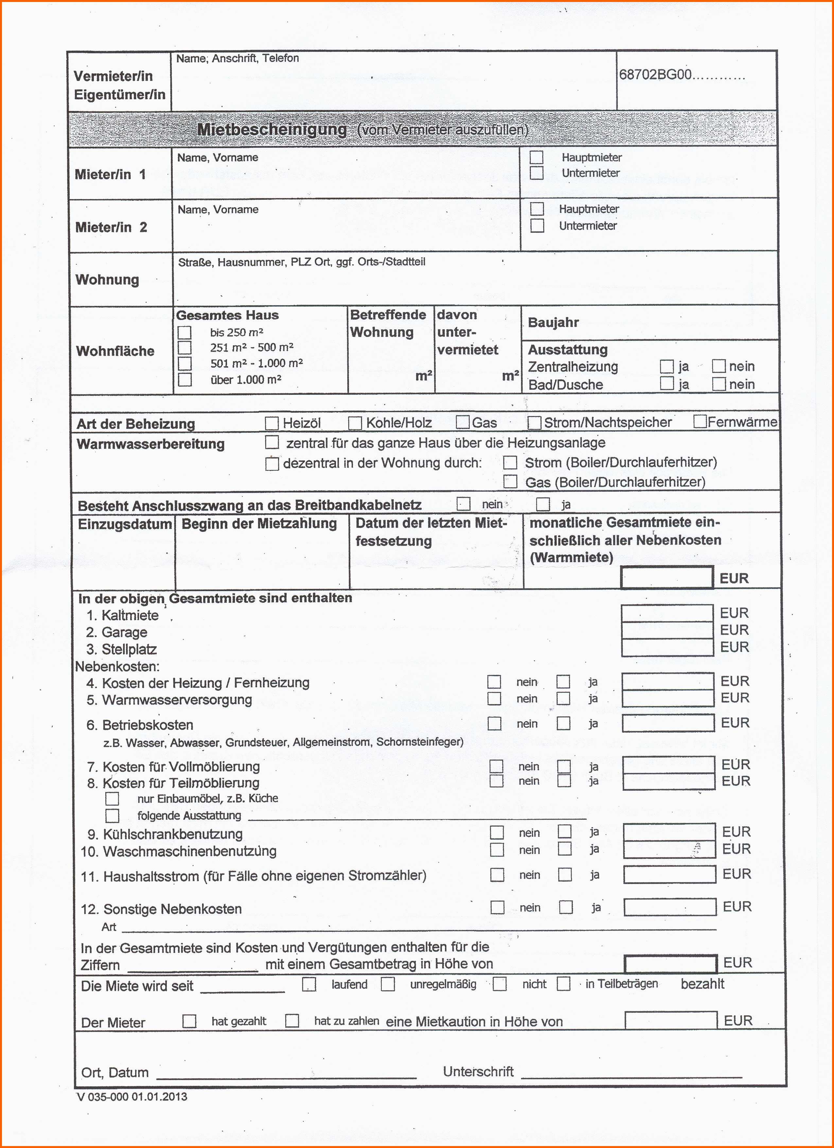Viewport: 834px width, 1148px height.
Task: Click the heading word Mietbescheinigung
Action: pos(272,130)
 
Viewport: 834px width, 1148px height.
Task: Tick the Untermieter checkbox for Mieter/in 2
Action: pos(537,225)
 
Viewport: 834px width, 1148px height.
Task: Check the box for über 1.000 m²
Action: pos(185,380)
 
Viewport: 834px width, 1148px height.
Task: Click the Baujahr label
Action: pos(553,322)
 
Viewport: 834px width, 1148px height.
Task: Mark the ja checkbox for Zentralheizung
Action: pos(667,366)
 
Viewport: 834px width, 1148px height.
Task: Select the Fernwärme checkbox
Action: pos(701,422)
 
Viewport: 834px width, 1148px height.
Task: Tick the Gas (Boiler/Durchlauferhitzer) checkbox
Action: pos(510,481)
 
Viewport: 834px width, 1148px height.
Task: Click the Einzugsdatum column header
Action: pos(125,524)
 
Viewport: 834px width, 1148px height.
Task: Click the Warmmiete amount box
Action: pos(667,578)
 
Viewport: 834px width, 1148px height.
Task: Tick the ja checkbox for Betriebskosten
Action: pos(563,724)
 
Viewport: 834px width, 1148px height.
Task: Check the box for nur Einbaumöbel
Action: pos(113,799)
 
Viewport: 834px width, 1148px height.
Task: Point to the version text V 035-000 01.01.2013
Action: pos(131,1097)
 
